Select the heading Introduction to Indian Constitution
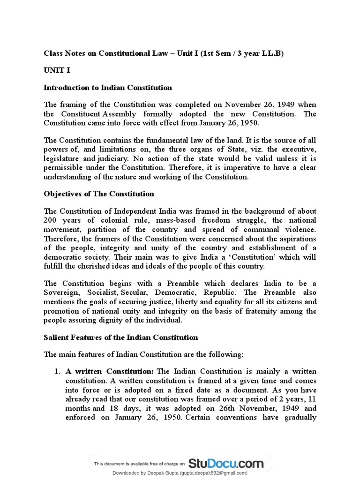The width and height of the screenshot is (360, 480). [x=107, y=88]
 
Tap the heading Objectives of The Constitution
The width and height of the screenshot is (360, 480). [x=98, y=194]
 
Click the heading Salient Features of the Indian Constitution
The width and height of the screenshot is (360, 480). [x=120, y=337]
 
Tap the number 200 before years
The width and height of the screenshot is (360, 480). [x=51, y=220]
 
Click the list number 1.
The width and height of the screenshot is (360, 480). [x=57, y=372]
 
